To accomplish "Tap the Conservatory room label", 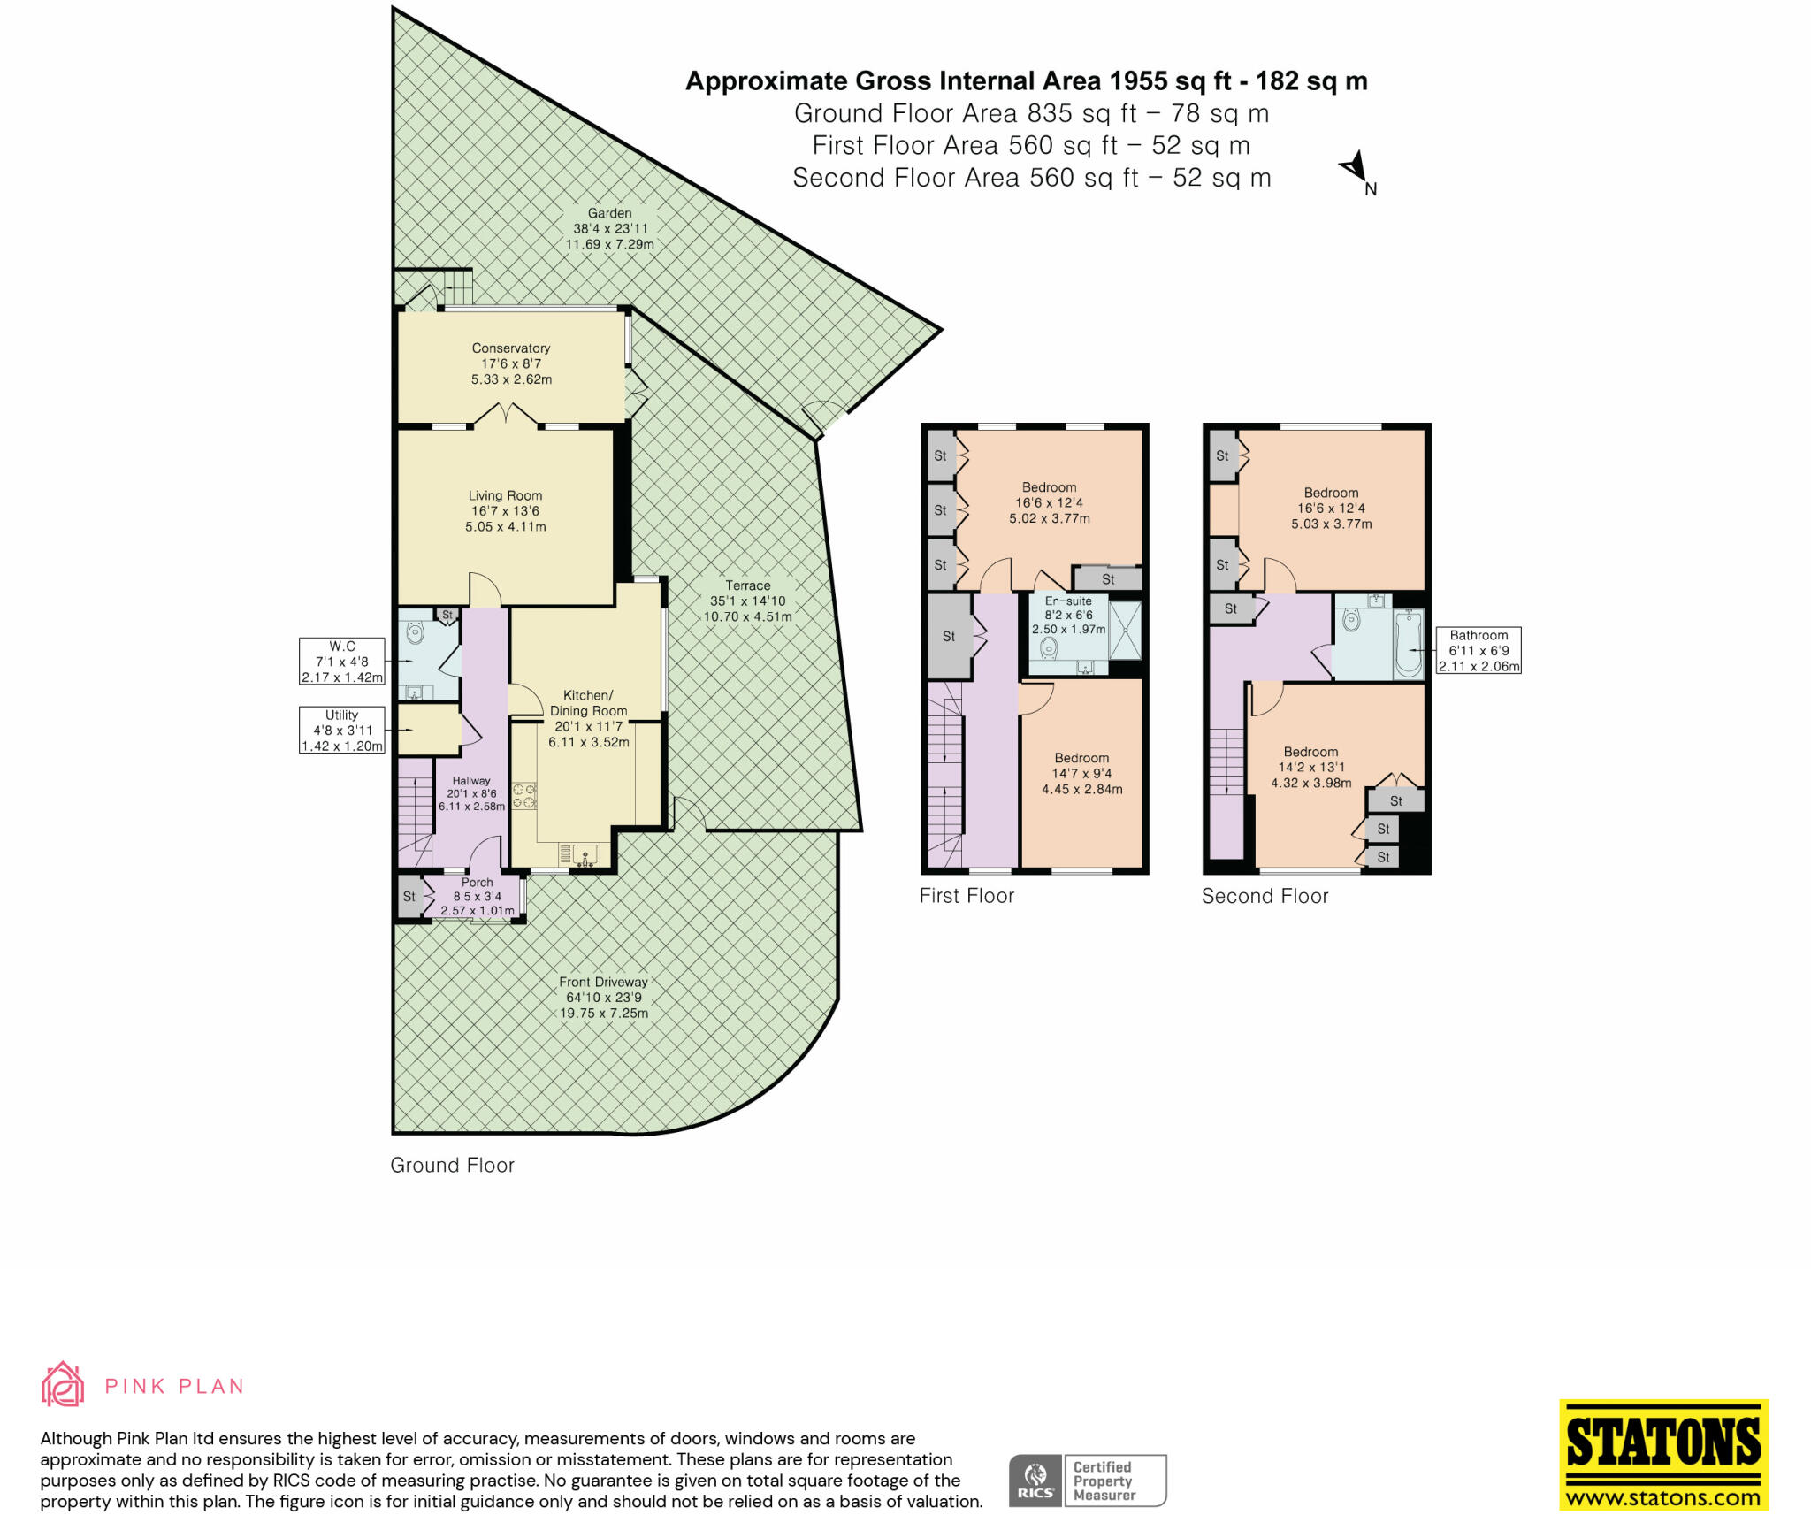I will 511,363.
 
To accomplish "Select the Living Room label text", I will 505,511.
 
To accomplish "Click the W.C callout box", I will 342,662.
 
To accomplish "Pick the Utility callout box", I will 342,731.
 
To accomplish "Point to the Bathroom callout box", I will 1479,651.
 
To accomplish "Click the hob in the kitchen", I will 524,796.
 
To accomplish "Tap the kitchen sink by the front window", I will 585,855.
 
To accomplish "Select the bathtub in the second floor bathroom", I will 1408,644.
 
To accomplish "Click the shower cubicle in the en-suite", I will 1126,630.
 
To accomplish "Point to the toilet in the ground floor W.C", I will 415,631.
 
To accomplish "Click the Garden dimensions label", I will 610,229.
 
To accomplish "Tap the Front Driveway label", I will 604,998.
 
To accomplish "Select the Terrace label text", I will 748,601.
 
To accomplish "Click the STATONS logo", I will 1663,1453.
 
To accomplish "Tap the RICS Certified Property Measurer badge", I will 1088,1481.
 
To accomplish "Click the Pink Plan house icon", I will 63,1385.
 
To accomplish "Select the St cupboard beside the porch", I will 409,897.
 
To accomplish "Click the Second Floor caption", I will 1265,896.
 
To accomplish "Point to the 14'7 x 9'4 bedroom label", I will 1081,774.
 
